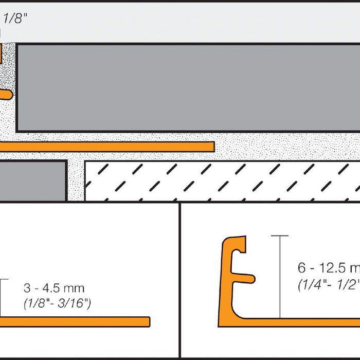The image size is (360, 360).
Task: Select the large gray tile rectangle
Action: coord(188,87)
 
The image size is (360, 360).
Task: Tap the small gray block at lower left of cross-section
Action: coord(33,181)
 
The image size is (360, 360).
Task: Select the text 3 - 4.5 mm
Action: coord(54,288)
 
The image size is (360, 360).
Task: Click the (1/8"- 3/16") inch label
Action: coord(57,304)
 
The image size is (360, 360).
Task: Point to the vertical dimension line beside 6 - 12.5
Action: coord(280,278)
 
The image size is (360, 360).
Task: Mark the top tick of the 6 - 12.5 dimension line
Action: coord(280,236)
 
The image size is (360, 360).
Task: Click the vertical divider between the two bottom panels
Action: coord(180,280)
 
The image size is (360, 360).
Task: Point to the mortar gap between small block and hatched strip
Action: coord(76,181)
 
